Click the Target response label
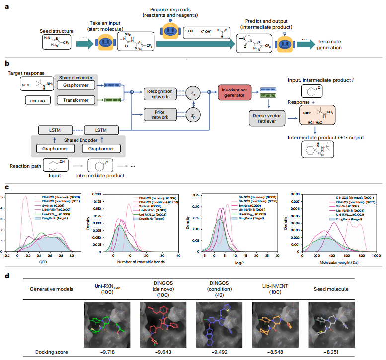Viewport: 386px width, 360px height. [x=25, y=74]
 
